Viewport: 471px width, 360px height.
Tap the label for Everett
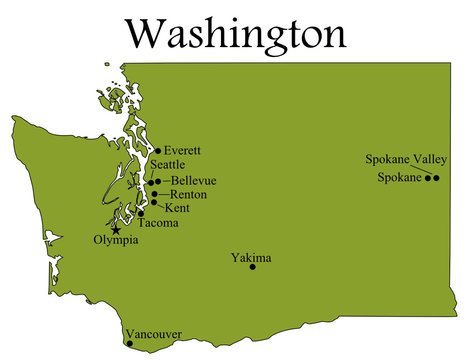[182, 150]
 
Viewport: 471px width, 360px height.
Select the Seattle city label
[167, 165]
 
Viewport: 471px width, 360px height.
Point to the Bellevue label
[194, 180]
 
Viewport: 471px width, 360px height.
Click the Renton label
[189, 194]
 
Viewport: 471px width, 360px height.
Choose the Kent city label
[176, 208]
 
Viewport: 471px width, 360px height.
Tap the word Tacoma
[159, 223]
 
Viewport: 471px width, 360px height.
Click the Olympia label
[115, 241]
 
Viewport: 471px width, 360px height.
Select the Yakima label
[251, 257]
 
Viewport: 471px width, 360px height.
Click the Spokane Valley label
[406, 159]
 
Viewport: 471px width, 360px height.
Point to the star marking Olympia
[117, 229]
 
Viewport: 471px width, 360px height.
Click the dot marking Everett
[158, 151]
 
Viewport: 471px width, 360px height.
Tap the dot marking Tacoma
[141, 213]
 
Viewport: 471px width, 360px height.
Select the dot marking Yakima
[253, 267]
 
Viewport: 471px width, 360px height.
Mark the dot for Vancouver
[129, 343]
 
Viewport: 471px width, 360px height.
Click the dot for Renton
[154, 194]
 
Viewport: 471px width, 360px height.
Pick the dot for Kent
[153, 202]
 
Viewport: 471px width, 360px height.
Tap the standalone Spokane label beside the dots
[400, 178]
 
